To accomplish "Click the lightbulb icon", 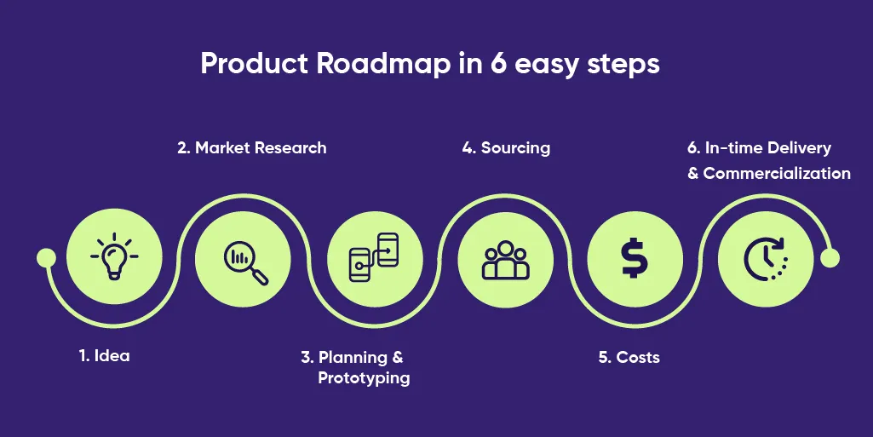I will click(113, 256).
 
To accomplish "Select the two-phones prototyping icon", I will click(375, 257).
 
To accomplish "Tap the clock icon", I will click(765, 258).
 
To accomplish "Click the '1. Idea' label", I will click(104, 356).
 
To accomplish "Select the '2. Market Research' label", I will click(251, 147).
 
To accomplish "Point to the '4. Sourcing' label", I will click(506, 147).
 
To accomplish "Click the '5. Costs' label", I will click(629, 357).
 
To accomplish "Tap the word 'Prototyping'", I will click(364, 377).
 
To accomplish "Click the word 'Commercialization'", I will click(777, 173).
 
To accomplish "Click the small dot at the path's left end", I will click(46, 257).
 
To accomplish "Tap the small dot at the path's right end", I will click(830, 257).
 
